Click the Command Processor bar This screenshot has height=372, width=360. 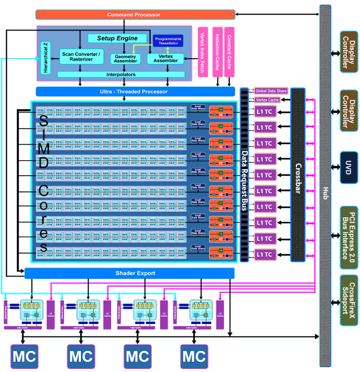click(x=136, y=14)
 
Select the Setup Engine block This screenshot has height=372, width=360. click(x=117, y=38)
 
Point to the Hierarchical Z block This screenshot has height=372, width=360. click(x=46, y=58)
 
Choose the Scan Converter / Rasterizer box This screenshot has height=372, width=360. click(x=82, y=58)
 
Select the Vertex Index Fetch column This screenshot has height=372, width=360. click(x=202, y=52)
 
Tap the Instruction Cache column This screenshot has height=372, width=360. click(x=217, y=52)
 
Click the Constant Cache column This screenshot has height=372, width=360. click(x=229, y=52)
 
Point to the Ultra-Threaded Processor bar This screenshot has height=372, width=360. click(x=134, y=91)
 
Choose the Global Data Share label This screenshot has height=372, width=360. click(x=271, y=91)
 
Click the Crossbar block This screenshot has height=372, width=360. click(x=298, y=174)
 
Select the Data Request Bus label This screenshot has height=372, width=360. click(x=244, y=175)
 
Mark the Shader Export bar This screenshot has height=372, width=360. click(x=130, y=274)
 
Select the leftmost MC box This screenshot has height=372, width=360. click(x=24, y=356)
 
